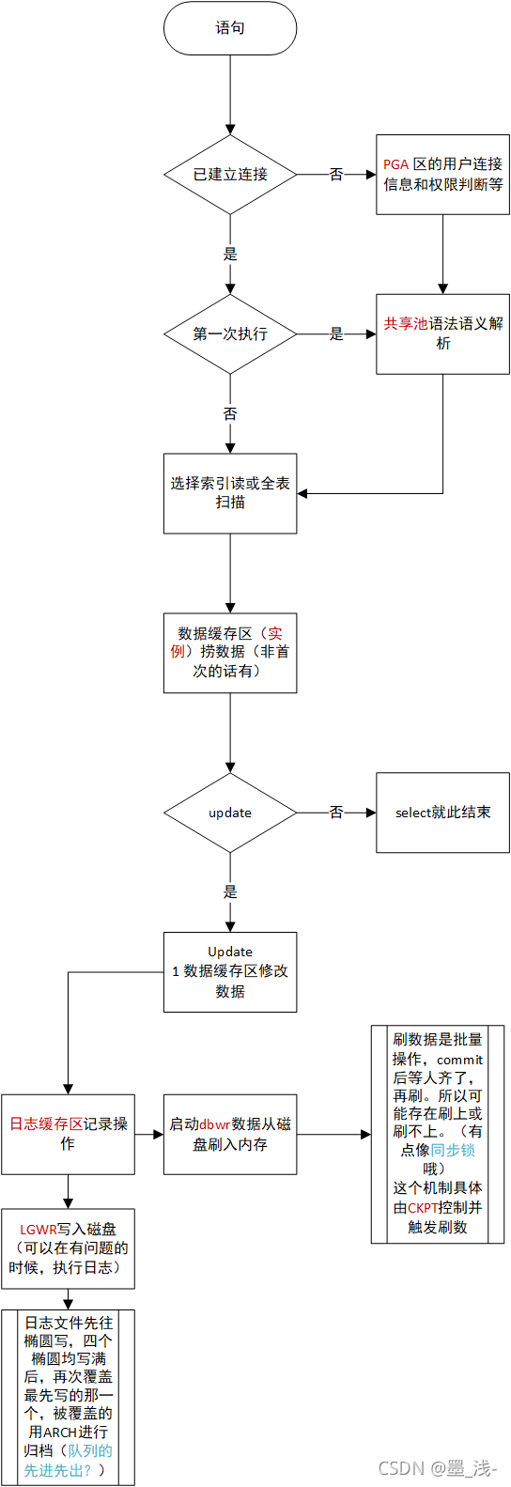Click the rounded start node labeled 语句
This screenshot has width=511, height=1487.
point(230,28)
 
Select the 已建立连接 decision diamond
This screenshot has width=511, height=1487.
point(230,175)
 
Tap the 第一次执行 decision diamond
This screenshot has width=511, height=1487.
point(230,334)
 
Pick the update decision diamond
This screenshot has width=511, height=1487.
point(230,813)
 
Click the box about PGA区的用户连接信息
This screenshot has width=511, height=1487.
point(442,175)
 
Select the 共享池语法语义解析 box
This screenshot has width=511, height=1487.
point(442,333)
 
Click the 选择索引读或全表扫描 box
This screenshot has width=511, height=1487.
point(230,493)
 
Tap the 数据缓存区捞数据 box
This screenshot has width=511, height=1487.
point(230,653)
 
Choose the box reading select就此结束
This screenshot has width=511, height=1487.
point(442,813)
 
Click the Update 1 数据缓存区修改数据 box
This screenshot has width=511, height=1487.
point(230,971)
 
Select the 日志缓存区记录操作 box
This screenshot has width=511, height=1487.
point(68,1134)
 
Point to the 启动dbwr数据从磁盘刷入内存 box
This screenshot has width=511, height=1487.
point(230,1134)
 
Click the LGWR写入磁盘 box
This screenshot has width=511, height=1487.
point(68,1248)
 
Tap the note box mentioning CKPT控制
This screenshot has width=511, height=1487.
point(438,1134)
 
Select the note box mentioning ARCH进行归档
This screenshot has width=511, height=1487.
point(68,1397)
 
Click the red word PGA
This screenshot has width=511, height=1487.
point(395,164)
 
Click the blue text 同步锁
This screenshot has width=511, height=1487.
point(453,1151)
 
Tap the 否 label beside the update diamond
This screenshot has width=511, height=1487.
point(336,813)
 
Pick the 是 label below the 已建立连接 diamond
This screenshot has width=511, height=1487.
point(230,255)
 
